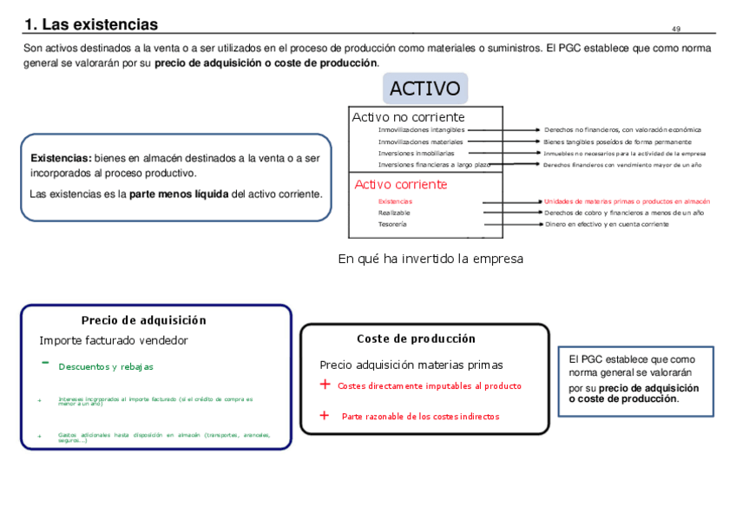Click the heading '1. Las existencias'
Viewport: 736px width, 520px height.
tap(91, 24)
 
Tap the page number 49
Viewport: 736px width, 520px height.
tap(676, 30)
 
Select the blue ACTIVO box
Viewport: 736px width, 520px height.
tap(424, 89)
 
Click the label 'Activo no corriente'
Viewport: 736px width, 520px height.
tap(408, 117)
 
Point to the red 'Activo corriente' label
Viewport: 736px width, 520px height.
tap(401, 184)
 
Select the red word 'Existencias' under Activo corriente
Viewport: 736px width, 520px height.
tap(395, 201)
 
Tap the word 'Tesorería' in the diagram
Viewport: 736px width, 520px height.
tap(392, 224)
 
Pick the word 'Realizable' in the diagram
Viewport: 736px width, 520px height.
tap(395, 213)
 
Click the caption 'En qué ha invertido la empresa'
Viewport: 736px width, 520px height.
tap(430, 259)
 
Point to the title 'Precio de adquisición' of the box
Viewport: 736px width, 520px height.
tap(144, 320)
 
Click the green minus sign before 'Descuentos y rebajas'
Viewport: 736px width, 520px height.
tap(44, 363)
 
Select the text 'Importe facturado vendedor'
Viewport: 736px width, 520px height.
tap(114, 340)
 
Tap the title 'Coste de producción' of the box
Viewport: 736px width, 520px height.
tap(416, 339)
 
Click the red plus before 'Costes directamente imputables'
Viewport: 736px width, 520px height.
tap(325, 385)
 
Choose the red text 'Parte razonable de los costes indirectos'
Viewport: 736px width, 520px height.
tap(420, 417)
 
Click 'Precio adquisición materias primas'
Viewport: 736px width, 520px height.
tap(411, 365)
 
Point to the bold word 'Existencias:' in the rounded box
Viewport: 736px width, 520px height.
tap(61, 158)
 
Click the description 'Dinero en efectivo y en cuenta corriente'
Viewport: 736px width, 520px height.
tap(607, 224)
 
